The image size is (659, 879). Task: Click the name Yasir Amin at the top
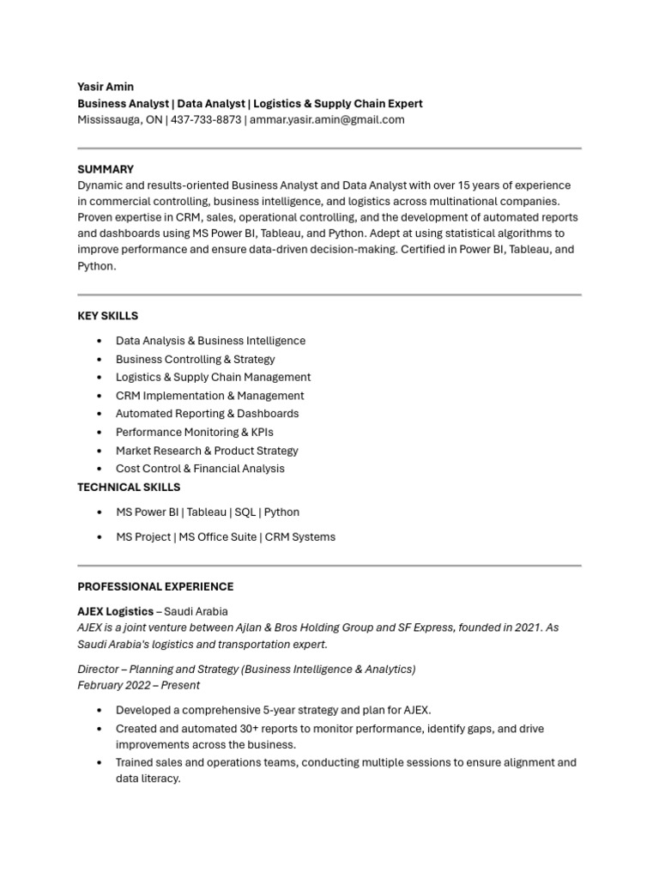pyautogui.click(x=106, y=87)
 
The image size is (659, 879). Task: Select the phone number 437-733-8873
pyautogui.click(x=206, y=119)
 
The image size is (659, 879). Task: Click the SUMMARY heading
pyautogui.click(x=106, y=169)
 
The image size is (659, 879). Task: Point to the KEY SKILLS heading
pyautogui.click(x=107, y=316)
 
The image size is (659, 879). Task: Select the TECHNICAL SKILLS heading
pyautogui.click(x=129, y=487)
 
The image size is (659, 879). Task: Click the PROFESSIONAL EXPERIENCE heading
pyautogui.click(x=155, y=586)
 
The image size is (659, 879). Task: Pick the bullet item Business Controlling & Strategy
pyautogui.click(x=195, y=359)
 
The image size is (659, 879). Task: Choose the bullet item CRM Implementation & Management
pyautogui.click(x=209, y=396)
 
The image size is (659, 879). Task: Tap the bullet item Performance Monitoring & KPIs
pyautogui.click(x=194, y=432)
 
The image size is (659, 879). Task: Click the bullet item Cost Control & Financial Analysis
pyautogui.click(x=200, y=469)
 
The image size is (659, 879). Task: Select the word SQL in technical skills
pyautogui.click(x=245, y=512)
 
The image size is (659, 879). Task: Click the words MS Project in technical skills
pyautogui.click(x=142, y=536)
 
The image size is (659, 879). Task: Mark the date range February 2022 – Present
pyautogui.click(x=138, y=685)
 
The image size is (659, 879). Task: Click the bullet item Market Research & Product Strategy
pyautogui.click(x=207, y=451)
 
